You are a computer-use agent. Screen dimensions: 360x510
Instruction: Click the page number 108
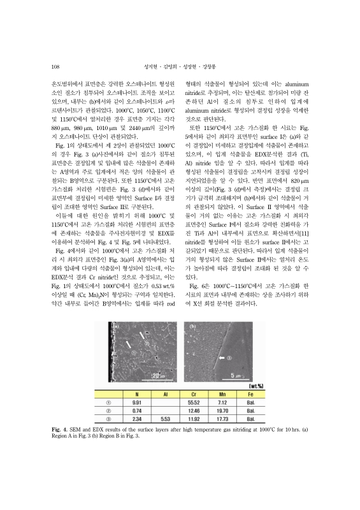(x=55, y=65)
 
